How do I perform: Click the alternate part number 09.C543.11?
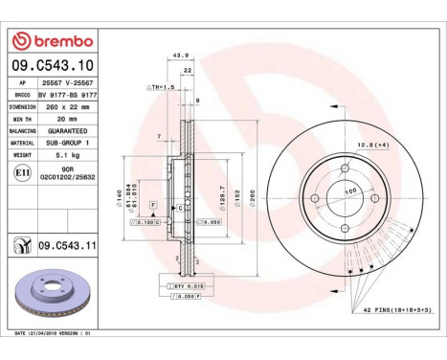pyautogui.click(x=67, y=247)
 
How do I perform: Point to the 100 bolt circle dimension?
pyautogui.click(x=349, y=191)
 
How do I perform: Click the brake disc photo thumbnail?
pyautogui.click(x=58, y=296)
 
